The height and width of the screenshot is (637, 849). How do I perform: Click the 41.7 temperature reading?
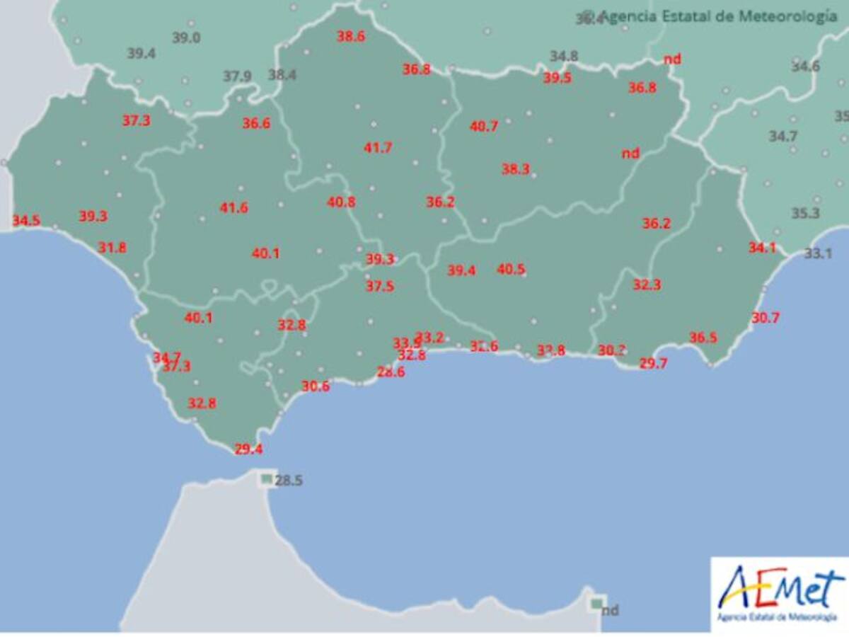[378, 148]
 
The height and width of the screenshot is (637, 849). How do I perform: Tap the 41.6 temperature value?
[233, 208]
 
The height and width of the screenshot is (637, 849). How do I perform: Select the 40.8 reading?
[341, 202]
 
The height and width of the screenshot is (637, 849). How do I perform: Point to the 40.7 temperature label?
[484, 127]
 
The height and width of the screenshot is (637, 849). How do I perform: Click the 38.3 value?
[516, 169]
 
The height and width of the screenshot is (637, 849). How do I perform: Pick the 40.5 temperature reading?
[511, 269]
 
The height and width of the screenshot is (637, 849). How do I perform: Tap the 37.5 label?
[380, 286]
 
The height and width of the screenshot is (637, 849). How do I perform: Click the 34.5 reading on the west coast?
[26, 221]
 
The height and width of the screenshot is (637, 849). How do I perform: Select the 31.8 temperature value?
[112, 248]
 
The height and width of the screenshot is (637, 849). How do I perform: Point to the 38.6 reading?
[351, 37]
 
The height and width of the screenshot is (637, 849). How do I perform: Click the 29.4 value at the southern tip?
[248, 449]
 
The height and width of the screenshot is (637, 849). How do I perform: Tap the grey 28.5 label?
[289, 481]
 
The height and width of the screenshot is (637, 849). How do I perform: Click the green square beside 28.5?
[266, 479]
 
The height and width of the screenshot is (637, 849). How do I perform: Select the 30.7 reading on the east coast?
[766, 318]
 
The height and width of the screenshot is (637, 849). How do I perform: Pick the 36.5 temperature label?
[703, 338]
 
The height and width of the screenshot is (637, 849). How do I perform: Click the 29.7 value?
[653, 365]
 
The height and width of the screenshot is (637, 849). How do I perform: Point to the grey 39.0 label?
[186, 38]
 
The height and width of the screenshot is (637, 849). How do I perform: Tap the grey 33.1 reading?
[818, 253]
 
